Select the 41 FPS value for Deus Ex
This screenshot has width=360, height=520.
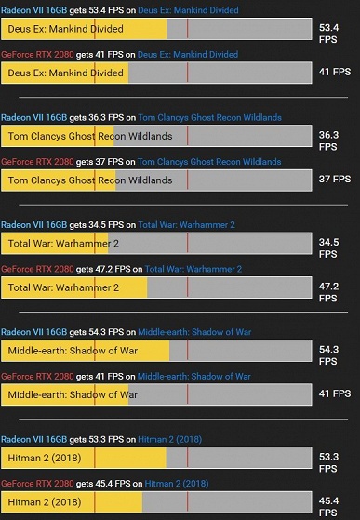(x=334, y=72)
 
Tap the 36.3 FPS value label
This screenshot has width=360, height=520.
(x=328, y=140)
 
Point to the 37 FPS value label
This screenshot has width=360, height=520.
(x=334, y=179)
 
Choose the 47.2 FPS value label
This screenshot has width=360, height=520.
(x=328, y=292)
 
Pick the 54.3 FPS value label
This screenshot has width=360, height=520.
(x=328, y=356)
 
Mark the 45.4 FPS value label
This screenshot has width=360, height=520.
(x=328, y=506)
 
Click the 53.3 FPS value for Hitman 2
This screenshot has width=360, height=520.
(x=328, y=463)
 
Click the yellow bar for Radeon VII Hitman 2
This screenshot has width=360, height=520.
(x=84, y=457)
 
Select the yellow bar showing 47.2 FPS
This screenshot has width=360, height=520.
(x=74, y=287)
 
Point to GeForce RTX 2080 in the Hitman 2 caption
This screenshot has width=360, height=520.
(x=37, y=484)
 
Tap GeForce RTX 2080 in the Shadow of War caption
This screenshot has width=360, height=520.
(x=37, y=377)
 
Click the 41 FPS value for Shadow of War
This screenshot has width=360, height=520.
(x=334, y=393)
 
